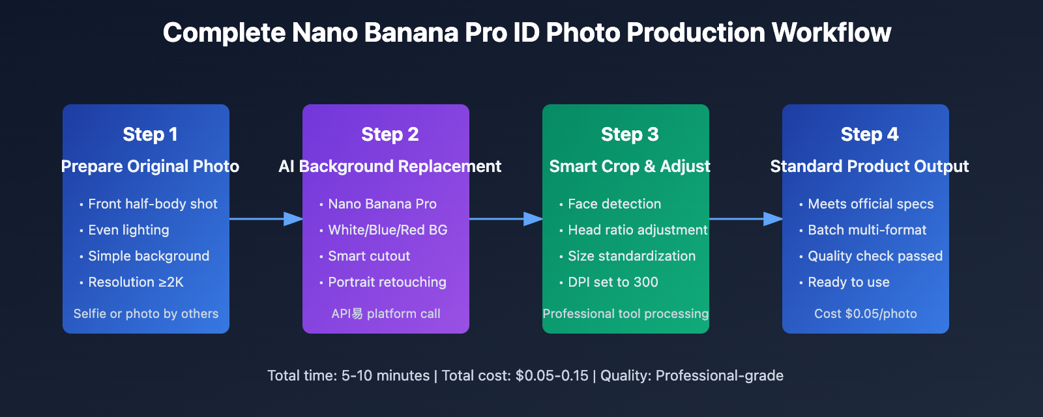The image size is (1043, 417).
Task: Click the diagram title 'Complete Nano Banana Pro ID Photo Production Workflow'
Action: pyautogui.click(x=527, y=33)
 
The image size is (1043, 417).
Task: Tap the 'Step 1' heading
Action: pyautogui.click(x=150, y=134)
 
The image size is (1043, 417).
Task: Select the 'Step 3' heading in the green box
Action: pyautogui.click(x=630, y=134)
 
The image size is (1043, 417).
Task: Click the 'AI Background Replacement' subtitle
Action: pyautogui.click(x=390, y=166)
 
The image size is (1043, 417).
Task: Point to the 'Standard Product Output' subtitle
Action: pyautogui.click(x=869, y=166)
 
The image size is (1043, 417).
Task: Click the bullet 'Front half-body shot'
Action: pyautogui.click(x=153, y=204)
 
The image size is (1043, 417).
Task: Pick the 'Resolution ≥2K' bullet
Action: pyautogui.click(x=136, y=282)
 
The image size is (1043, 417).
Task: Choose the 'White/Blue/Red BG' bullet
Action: pyautogui.click(x=387, y=230)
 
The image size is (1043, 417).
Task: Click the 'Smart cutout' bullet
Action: pyautogui.click(x=369, y=256)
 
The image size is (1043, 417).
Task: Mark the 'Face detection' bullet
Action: pyautogui.click(x=614, y=204)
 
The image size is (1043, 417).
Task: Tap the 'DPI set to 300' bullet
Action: pyautogui.click(x=613, y=282)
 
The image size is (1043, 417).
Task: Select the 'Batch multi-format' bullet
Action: pyautogui.click(x=867, y=230)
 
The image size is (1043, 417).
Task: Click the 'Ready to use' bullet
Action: pyautogui.click(x=848, y=282)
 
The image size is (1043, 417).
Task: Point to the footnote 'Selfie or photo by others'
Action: pyautogui.click(x=146, y=313)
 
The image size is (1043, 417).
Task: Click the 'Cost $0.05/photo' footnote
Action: pyautogui.click(x=865, y=313)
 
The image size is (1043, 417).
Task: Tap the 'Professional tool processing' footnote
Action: pyautogui.click(x=626, y=313)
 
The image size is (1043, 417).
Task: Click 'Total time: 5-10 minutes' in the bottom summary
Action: pyautogui.click(x=348, y=375)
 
